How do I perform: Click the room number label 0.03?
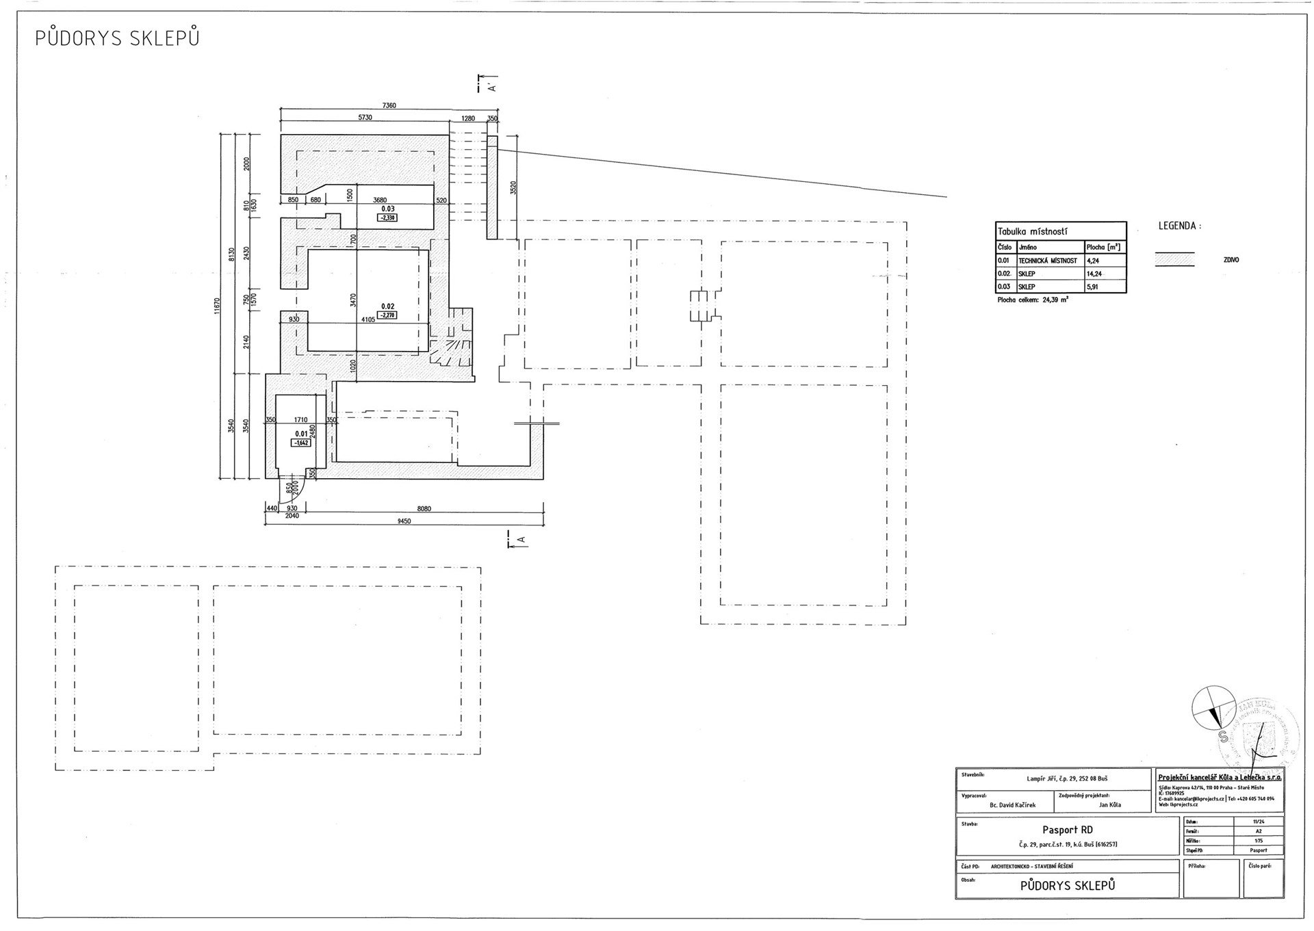pyautogui.click(x=388, y=209)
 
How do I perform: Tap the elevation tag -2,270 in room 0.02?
pyautogui.click(x=387, y=315)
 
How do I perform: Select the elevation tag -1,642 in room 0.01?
pyautogui.click(x=301, y=443)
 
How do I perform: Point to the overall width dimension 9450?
pyautogui.click(x=404, y=521)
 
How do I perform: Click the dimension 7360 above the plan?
pyautogui.click(x=389, y=105)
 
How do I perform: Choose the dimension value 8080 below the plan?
pyautogui.click(x=424, y=509)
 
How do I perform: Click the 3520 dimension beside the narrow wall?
pyautogui.click(x=513, y=187)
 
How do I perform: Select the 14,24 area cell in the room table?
pyautogui.click(x=1094, y=274)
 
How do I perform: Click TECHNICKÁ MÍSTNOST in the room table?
pyautogui.click(x=1047, y=261)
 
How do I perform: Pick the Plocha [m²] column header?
pyautogui.click(x=1103, y=247)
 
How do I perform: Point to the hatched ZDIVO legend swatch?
pyautogui.click(x=1174, y=260)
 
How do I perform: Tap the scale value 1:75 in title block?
pyautogui.click(x=1259, y=841)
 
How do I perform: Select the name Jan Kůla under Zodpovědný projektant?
pyautogui.click(x=1109, y=804)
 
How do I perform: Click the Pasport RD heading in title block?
pyautogui.click(x=1067, y=830)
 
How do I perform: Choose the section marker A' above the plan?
pyautogui.click(x=490, y=86)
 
